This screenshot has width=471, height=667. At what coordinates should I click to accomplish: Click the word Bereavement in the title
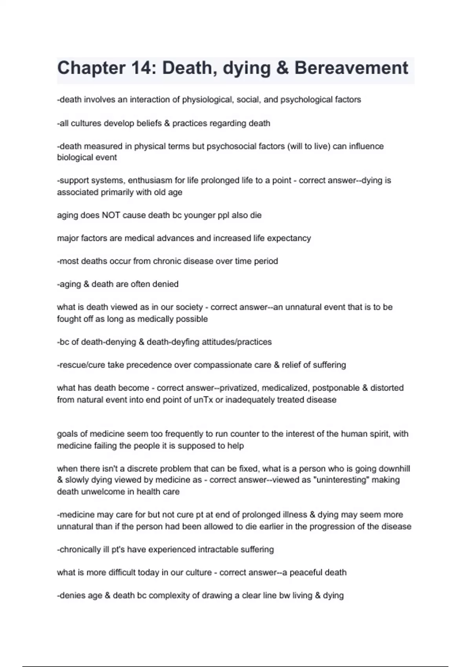[351, 68]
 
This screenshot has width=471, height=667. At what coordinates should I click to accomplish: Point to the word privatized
[238, 388]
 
